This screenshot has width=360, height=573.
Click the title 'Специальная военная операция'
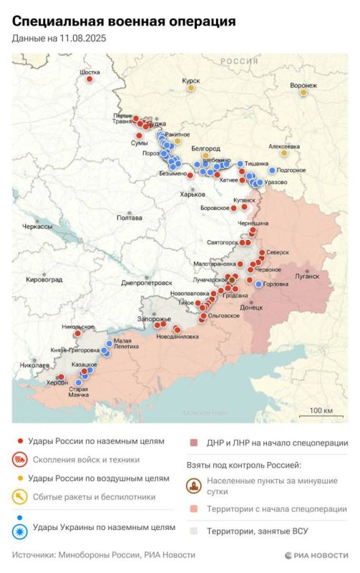(x=124, y=22)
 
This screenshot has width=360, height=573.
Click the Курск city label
(x=190, y=82)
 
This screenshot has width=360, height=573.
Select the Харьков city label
(x=193, y=194)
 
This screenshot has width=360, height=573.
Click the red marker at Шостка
(x=89, y=79)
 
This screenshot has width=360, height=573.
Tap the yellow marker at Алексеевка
(x=284, y=153)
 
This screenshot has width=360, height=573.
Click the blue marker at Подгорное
(x=272, y=170)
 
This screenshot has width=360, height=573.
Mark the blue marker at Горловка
(x=258, y=284)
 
